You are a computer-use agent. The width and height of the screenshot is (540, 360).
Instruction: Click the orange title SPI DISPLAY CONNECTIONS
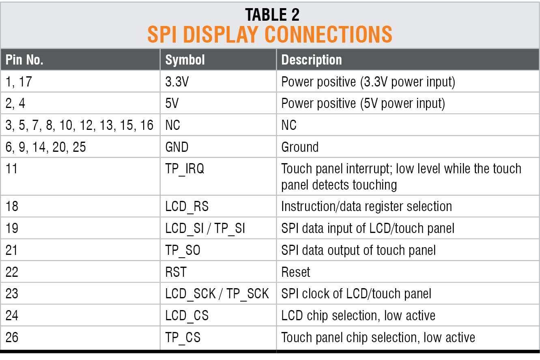270,34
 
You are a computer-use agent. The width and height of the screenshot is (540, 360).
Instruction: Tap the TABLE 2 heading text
272,15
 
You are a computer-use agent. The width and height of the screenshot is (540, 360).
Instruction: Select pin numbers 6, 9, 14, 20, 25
45,147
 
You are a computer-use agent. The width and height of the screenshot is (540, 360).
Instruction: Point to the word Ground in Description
300,147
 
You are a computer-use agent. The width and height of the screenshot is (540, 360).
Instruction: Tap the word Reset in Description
295,272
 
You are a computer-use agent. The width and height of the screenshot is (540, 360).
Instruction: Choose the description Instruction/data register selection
366,207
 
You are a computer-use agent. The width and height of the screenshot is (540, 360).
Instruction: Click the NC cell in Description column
289,125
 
